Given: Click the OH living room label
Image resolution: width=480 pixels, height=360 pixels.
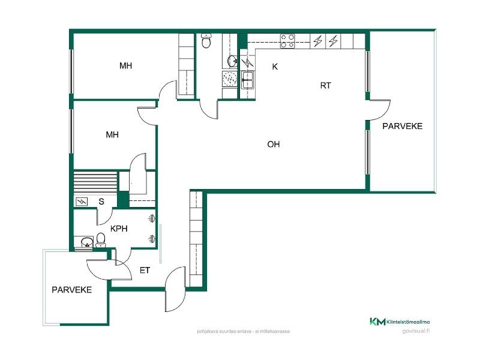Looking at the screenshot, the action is (x=274, y=144).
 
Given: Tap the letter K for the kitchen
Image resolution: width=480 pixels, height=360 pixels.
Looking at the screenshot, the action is (x=275, y=67).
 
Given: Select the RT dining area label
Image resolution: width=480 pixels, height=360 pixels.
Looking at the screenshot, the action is (x=325, y=86).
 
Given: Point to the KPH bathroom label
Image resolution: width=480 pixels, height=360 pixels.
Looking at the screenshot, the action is (x=119, y=229).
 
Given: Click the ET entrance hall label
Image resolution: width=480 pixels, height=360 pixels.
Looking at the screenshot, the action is (x=145, y=271).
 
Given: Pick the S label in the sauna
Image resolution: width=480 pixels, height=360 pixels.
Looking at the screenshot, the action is (x=101, y=202).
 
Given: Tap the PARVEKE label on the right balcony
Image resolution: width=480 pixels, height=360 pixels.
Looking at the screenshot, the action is (x=402, y=126).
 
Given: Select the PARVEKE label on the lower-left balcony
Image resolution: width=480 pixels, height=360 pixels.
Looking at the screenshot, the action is (x=71, y=290).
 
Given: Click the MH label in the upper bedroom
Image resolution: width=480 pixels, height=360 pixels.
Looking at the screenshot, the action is (x=125, y=66).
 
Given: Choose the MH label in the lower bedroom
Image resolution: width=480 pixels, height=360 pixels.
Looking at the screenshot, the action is (x=112, y=134).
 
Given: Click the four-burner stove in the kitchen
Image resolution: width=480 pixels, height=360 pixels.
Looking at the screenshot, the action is (x=287, y=41).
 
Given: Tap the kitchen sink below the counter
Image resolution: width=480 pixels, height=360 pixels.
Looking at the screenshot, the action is (x=247, y=80).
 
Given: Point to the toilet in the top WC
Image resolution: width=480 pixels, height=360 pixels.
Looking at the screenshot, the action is (x=206, y=41).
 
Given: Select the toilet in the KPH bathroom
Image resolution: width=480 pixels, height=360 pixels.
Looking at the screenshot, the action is (x=100, y=241).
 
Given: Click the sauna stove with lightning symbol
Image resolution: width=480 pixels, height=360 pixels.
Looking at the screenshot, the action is (x=82, y=202).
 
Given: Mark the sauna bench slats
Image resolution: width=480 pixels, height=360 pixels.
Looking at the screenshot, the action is (x=95, y=182).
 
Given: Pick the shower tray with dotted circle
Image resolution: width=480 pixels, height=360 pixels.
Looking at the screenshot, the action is (x=229, y=79).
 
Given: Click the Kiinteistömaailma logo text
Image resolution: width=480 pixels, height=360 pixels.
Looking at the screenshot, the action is (x=408, y=322).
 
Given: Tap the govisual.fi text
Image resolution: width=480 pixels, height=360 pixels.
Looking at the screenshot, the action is (x=416, y=331).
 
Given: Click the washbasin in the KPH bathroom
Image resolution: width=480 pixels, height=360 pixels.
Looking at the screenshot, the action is (x=86, y=242).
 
